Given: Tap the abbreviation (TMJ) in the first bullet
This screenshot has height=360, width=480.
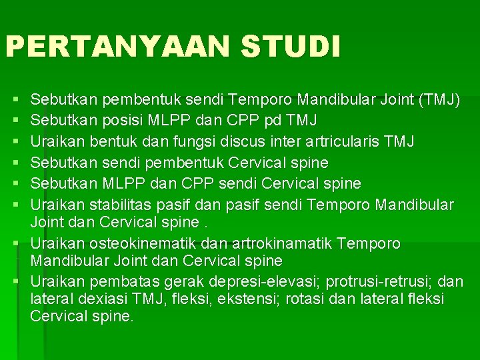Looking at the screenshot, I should click(x=437, y=101).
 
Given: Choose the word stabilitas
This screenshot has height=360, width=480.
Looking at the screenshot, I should click(x=119, y=203).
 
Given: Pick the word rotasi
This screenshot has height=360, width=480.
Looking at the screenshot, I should click(x=311, y=299).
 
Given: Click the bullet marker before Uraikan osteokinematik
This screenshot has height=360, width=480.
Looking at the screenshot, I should click(x=21, y=245).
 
